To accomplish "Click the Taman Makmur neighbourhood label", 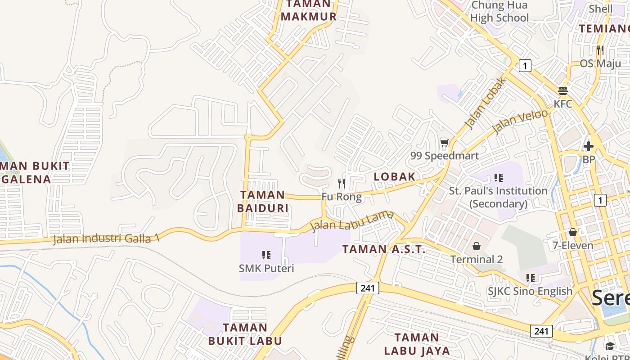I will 308,10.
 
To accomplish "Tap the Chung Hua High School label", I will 499,12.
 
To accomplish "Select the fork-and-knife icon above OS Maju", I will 600,50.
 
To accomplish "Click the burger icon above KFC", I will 563,91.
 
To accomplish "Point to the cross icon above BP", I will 589,146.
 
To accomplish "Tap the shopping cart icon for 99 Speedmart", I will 445,143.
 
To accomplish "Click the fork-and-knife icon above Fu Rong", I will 342,184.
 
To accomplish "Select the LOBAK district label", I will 395,176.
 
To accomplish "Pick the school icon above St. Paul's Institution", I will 498,178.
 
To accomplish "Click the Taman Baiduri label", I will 263,201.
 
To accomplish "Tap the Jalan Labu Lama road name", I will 352,220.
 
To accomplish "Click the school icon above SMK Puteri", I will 266,256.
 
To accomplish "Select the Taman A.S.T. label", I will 384,249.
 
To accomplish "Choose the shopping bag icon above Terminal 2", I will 477,247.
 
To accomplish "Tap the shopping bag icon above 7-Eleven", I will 573,232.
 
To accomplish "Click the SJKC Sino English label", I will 530,291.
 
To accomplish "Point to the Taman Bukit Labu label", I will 245,334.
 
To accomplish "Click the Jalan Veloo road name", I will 520,120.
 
